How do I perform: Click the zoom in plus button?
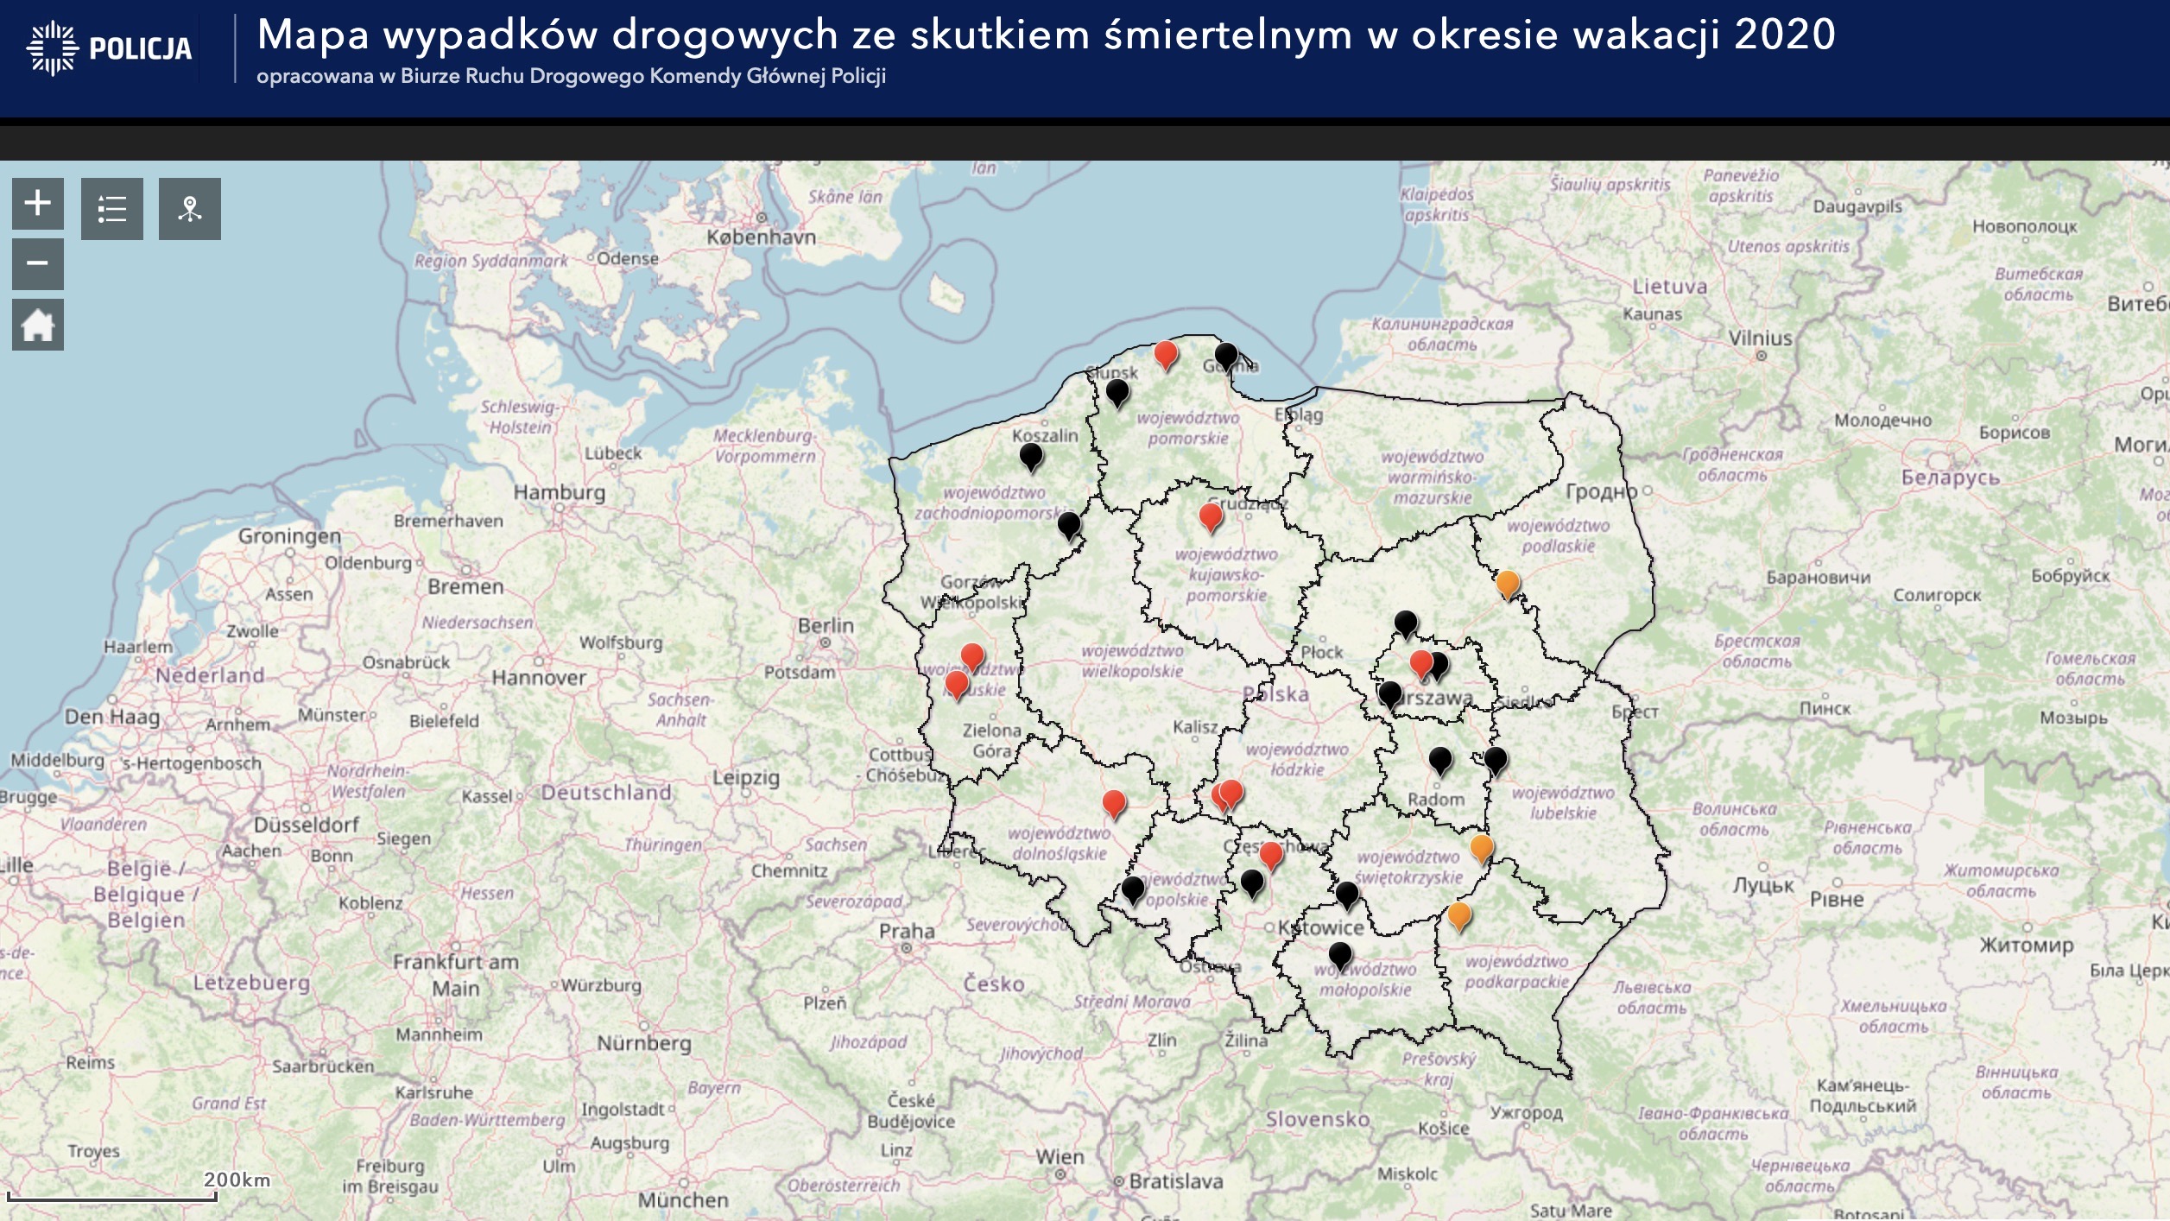(37, 204)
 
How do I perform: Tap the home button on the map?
(37, 326)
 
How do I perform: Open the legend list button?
(112, 209)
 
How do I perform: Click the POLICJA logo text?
(140, 48)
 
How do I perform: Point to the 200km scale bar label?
(237, 1180)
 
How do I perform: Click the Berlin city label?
(826, 625)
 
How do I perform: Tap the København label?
(761, 237)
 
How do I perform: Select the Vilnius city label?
(1760, 338)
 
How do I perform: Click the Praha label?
(907, 931)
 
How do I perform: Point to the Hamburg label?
(560, 492)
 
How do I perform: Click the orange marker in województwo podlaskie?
(1507, 583)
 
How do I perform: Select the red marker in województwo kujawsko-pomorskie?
(1211, 516)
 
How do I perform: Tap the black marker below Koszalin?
(1031, 455)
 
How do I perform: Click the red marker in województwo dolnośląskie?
(1114, 802)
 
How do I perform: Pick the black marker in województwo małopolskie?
(1339, 954)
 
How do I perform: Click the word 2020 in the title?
(1784, 35)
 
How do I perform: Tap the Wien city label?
(1060, 1157)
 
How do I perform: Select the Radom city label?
(1435, 799)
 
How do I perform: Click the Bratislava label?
(1175, 1180)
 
